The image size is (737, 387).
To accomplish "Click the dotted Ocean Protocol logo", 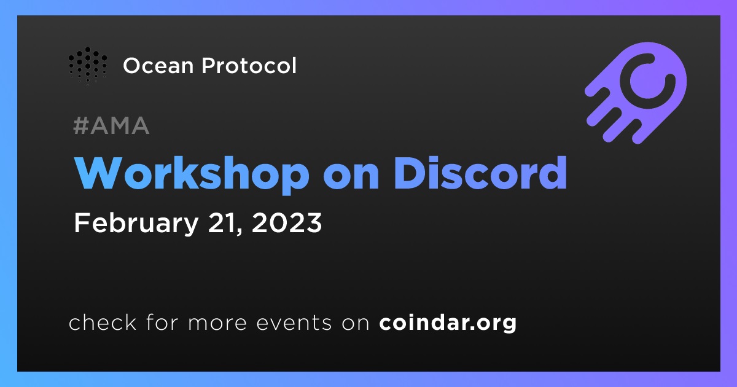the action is pos(88,66).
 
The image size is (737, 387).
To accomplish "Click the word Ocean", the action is pos(158,66).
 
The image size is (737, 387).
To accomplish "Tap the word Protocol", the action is pos(249,66).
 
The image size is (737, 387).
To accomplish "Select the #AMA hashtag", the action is pos(111,125).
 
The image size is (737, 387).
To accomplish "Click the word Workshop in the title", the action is pos(192,174).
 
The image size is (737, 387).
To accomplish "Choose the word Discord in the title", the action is pos(481,173).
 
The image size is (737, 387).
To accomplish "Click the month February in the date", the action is pos(136,224).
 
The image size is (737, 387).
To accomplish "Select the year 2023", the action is pos(287,223).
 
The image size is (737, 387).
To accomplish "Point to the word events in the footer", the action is pos(294,322).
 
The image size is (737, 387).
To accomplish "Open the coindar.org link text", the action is pos(448,322).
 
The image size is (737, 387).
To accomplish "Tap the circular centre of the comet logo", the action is pos(648,80).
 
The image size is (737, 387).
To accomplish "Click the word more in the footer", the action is pos(217,323).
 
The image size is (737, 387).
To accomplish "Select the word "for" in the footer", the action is pos(162,322).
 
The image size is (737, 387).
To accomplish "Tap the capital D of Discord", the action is pos(408,173).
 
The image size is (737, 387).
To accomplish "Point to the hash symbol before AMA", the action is pos(80,125).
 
